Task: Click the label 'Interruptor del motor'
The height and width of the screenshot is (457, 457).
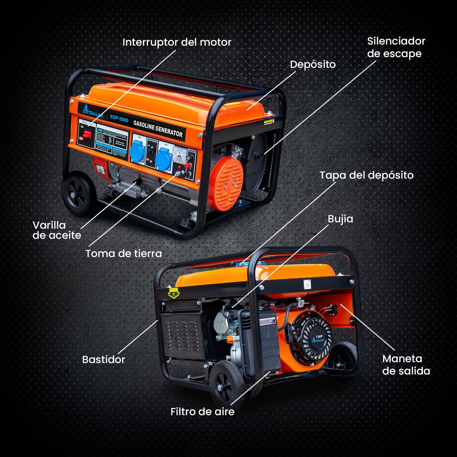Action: [177, 42]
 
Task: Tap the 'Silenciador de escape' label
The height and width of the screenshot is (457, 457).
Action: [396, 47]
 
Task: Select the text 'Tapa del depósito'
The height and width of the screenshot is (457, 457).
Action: [366, 175]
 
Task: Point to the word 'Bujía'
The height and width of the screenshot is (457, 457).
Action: [340, 219]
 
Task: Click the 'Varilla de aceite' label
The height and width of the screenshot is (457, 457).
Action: [57, 230]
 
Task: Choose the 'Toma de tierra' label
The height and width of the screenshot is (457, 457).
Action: [123, 253]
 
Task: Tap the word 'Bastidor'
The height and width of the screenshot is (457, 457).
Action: [104, 360]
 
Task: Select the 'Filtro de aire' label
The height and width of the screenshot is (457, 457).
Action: [202, 411]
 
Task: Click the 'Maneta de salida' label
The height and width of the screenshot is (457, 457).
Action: [406, 365]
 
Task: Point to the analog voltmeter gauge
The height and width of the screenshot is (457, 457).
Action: [177, 154]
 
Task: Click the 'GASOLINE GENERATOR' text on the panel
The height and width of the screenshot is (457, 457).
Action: [158, 128]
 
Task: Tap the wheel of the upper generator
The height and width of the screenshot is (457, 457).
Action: [78, 193]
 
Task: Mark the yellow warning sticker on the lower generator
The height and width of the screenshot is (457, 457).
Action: [174, 292]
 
